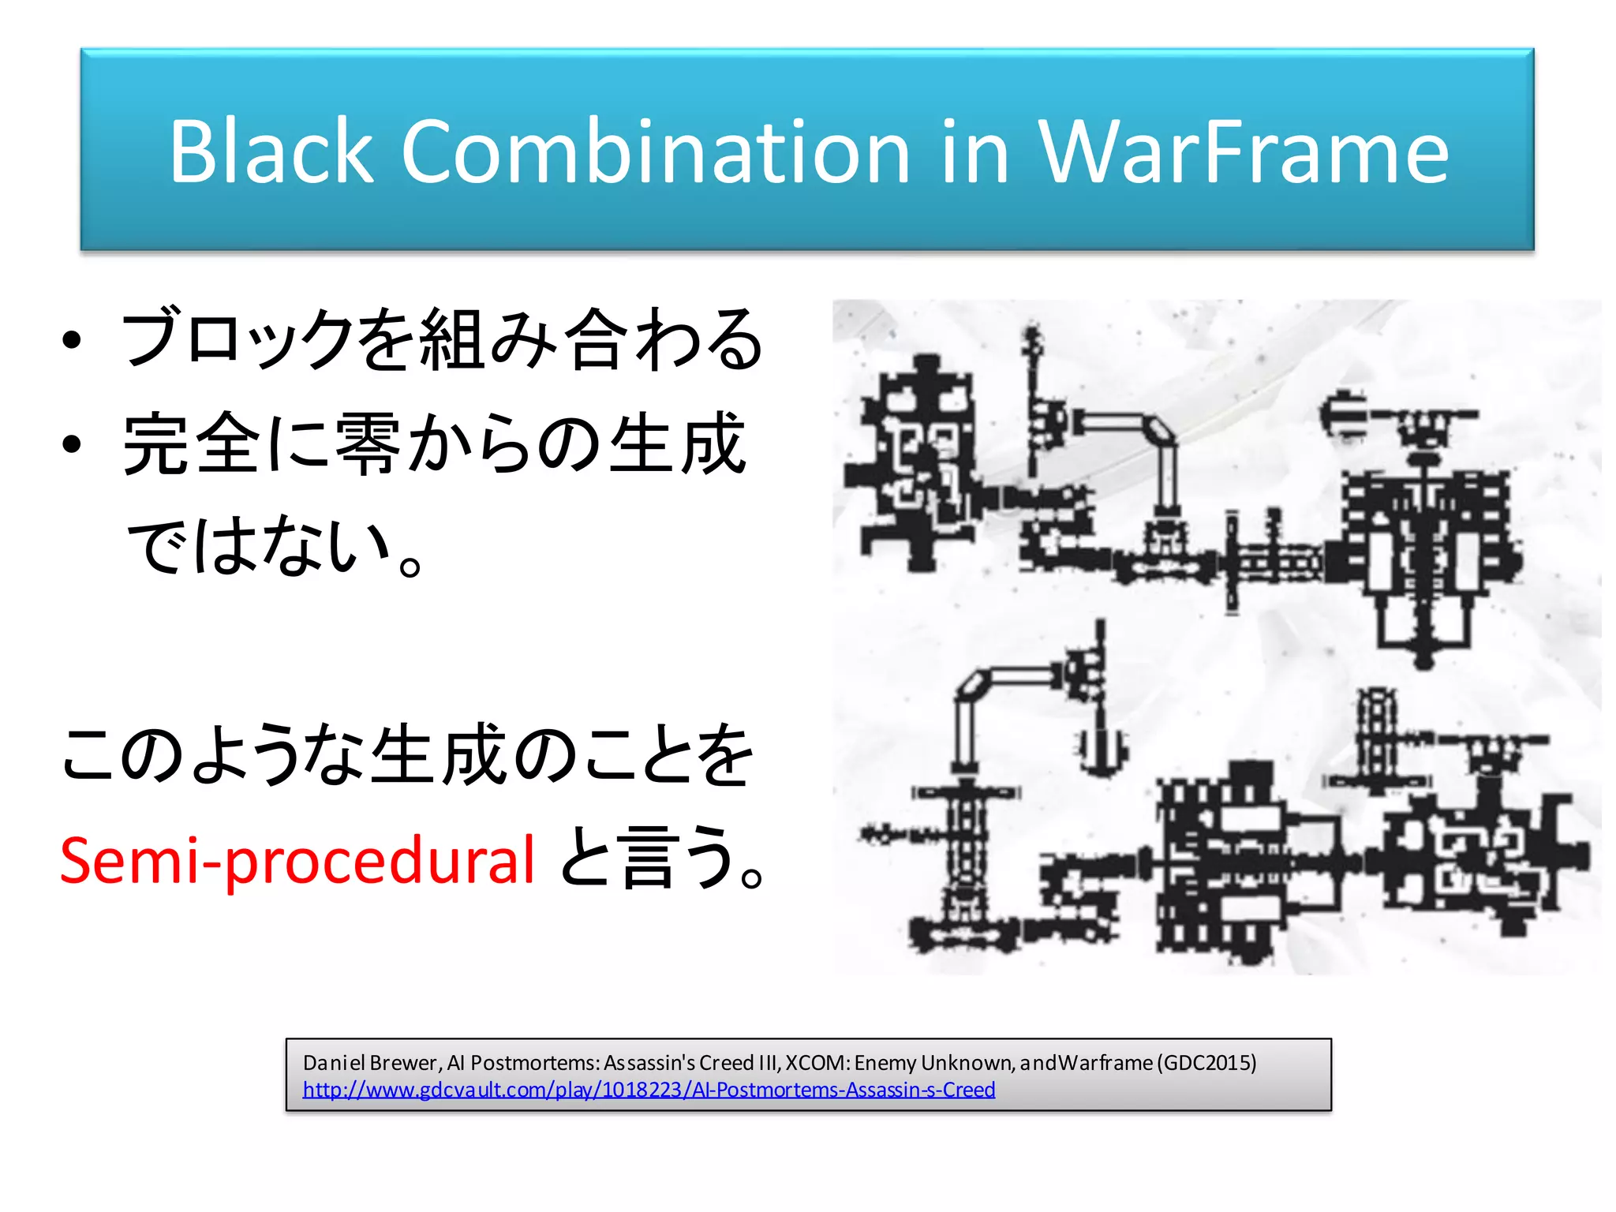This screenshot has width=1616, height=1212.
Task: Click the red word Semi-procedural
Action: point(297,860)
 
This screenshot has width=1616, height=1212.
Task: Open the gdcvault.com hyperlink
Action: point(649,1090)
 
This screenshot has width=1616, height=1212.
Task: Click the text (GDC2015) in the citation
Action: point(1206,1063)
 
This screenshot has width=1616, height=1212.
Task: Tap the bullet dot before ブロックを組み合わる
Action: point(73,340)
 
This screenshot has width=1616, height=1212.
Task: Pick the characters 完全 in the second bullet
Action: point(193,443)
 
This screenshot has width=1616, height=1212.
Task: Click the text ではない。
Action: point(276,546)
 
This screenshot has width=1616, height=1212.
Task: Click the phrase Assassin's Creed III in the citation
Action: point(691,1063)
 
